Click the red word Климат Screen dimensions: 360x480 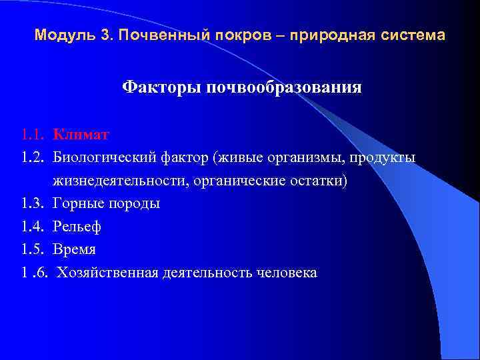click(x=81, y=135)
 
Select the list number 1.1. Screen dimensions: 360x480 click(x=32, y=135)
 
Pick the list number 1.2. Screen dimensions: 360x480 click(x=32, y=158)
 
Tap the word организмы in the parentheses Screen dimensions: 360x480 click(x=314, y=158)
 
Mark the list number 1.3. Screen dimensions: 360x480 click(x=32, y=204)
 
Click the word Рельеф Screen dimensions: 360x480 click(x=77, y=227)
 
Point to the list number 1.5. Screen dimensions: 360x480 click(x=32, y=250)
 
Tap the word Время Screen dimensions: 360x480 click(x=75, y=250)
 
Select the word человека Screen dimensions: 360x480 click(x=283, y=273)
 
